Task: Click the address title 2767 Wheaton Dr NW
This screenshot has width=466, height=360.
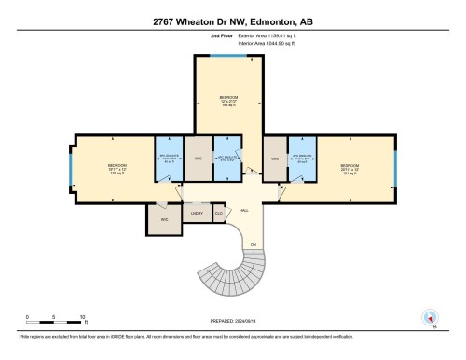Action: click(232, 20)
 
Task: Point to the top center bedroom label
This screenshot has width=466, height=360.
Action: click(229, 99)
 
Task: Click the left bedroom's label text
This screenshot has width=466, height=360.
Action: click(116, 168)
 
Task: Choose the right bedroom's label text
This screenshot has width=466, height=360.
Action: click(349, 168)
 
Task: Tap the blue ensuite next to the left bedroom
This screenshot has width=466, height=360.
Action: click(169, 156)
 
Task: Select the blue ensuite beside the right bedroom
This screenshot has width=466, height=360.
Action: click(300, 156)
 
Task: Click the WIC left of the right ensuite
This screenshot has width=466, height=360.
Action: click(275, 159)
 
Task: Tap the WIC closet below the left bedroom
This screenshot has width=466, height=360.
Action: click(164, 219)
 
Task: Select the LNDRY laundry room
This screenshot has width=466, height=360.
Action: click(197, 214)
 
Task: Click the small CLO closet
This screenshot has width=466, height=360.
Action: click(218, 214)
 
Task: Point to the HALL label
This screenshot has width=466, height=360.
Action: click(244, 211)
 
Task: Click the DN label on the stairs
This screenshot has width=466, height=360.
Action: click(252, 244)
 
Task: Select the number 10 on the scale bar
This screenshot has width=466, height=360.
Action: click(84, 317)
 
